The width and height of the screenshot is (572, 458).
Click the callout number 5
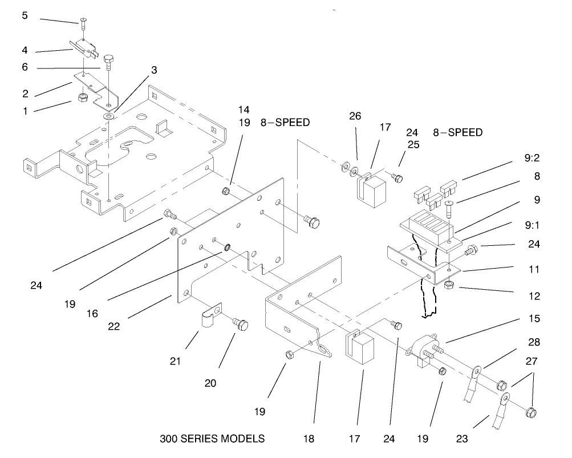pyautogui.click(x=25, y=15)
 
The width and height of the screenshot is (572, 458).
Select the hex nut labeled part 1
pyautogui.click(x=82, y=98)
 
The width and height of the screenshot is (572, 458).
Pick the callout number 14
pyautogui.click(x=244, y=108)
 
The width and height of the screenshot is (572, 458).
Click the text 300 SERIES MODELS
pyautogui.click(x=213, y=439)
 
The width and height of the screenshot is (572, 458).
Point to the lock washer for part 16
pyautogui.click(x=226, y=248)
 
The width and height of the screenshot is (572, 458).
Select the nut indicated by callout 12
pyautogui.click(x=448, y=283)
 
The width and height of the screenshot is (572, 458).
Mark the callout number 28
pyautogui.click(x=533, y=342)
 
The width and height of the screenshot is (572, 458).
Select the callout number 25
pyautogui.click(x=413, y=144)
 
